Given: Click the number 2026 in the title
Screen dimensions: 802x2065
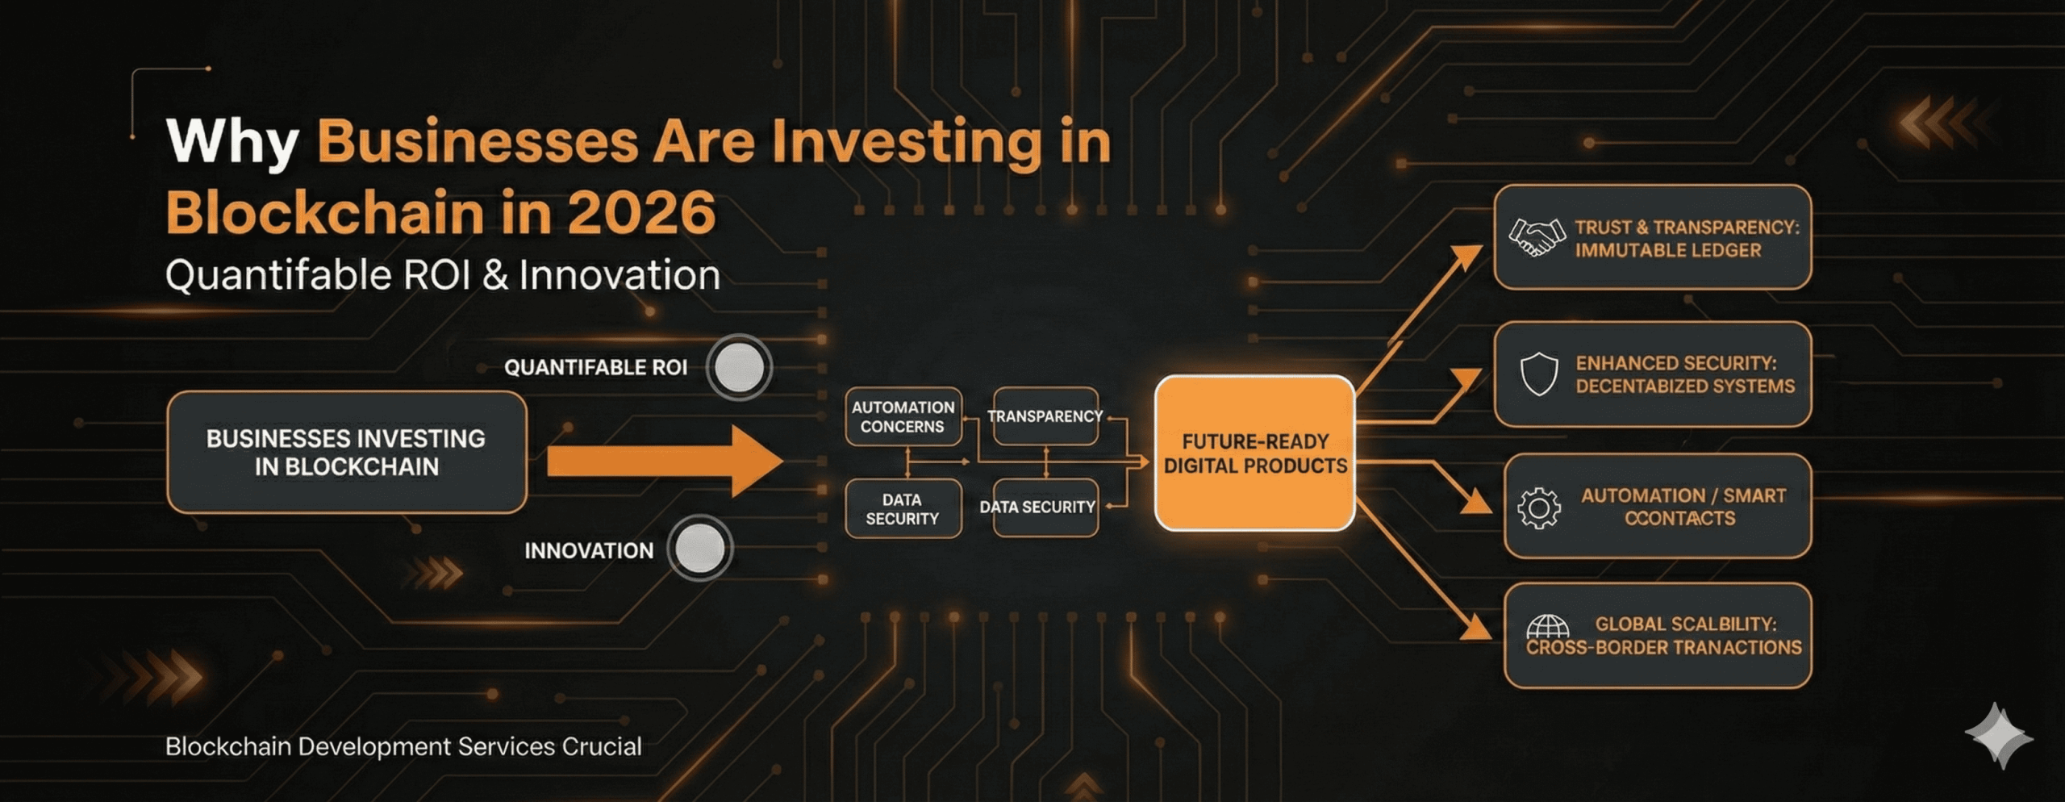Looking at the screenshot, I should [641, 213].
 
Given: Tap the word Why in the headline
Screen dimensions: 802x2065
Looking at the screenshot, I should [232, 142].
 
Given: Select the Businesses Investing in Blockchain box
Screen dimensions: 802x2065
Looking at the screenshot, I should [346, 453].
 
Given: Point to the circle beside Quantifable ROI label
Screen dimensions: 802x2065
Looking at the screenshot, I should [739, 367].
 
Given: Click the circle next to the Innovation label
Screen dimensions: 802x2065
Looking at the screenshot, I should [699, 548].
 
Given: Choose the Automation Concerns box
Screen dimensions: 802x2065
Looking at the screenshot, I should [903, 416].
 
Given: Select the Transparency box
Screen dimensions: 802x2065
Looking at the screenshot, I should [1045, 416].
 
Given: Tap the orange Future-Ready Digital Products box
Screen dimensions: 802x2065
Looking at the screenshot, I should [1254, 453].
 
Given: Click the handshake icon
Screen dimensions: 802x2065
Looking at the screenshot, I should [1537, 238].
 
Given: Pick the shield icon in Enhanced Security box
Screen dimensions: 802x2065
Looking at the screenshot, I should [1538, 374].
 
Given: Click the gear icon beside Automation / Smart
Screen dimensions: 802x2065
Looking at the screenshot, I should [1538, 508].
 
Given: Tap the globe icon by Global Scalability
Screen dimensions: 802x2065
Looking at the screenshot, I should [1547, 625].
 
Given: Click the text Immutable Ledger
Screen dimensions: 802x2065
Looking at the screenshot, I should [1667, 250].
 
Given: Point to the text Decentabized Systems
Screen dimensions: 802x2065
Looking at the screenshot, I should [1685, 386].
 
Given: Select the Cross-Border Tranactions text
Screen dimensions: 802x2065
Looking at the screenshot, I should [1663, 648].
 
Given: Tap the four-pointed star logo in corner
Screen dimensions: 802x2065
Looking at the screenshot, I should [1999, 735].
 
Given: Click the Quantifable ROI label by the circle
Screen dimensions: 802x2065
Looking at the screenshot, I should [595, 368].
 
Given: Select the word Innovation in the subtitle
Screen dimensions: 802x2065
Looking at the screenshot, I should [619, 275].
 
